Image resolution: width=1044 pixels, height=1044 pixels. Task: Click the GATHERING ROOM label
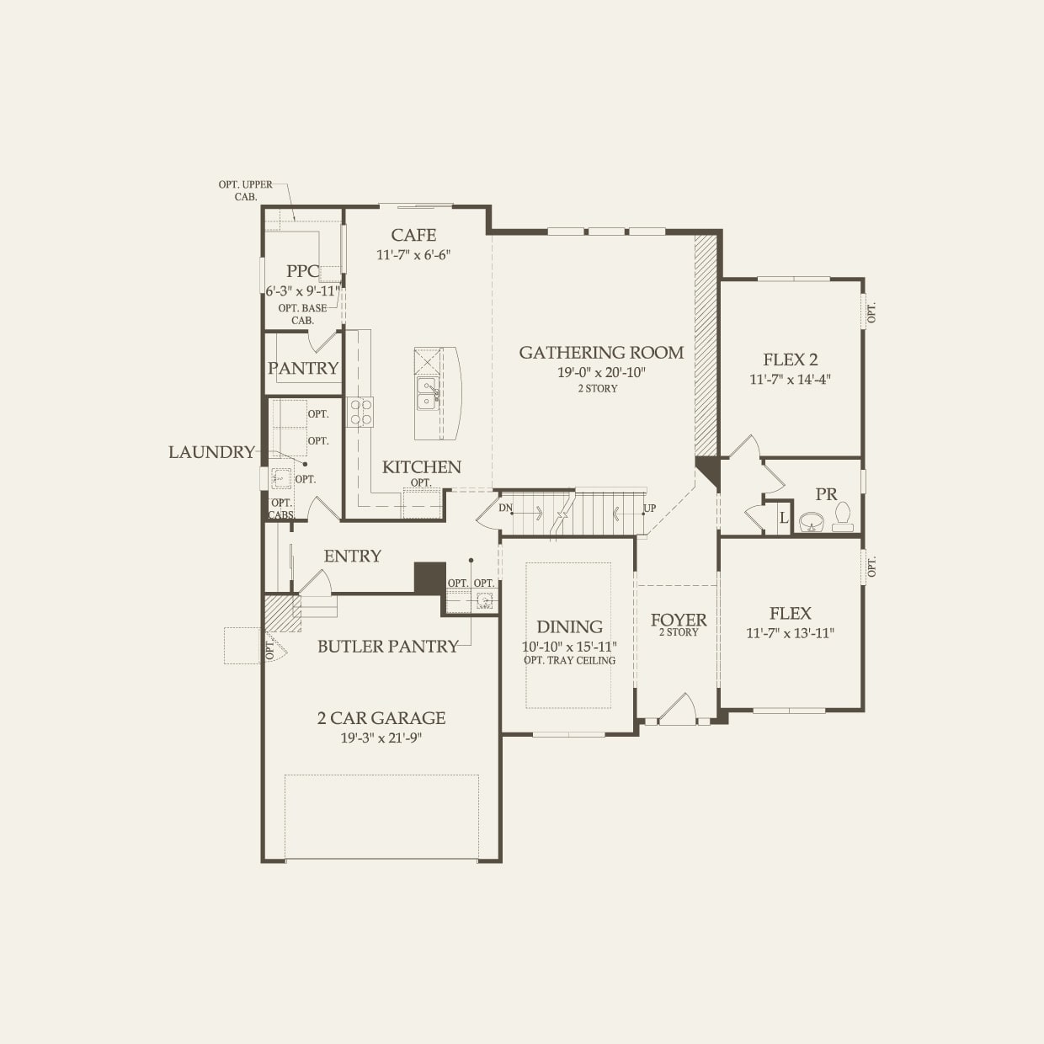(601, 353)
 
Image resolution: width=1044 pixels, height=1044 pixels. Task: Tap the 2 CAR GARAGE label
(381, 718)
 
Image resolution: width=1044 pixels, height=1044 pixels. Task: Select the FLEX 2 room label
(790, 360)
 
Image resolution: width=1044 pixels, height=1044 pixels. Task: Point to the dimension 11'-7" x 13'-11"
(790, 633)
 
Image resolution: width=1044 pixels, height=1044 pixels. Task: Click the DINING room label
(569, 626)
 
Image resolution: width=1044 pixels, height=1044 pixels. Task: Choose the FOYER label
(679, 620)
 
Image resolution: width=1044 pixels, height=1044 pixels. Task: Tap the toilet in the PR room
(843, 516)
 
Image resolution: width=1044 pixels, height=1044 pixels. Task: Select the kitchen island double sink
(428, 392)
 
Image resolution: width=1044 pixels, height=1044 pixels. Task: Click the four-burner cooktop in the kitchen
(361, 413)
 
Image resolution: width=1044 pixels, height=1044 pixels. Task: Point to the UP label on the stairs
(649, 509)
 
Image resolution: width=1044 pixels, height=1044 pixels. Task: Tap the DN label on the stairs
(505, 508)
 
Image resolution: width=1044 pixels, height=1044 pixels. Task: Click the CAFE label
(413, 235)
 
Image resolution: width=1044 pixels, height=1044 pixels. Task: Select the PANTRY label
(303, 368)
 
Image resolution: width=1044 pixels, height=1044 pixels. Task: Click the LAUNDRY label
(211, 452)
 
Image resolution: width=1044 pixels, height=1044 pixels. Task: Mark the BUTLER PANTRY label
(388, 647)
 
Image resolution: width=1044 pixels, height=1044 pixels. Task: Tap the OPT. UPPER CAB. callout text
(246, 190)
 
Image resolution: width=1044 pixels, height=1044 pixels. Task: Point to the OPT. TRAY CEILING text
(569, 660)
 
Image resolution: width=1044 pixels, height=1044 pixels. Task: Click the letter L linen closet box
(783, 519)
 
